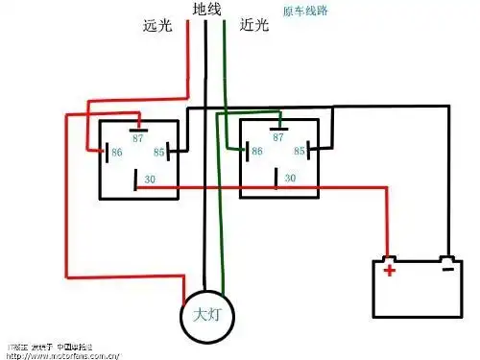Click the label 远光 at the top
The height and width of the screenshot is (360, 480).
pos(157,26)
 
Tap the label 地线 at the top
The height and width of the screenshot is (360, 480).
pos(206,10)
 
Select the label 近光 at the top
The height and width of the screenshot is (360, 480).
pos(254,26)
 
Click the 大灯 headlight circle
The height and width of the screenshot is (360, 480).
pos(209,314)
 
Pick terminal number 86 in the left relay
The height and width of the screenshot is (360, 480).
pos(117,152)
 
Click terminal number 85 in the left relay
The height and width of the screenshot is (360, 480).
pos(162,152)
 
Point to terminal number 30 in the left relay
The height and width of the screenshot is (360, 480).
pos(149,179)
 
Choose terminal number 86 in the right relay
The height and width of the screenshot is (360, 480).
pos(256,152)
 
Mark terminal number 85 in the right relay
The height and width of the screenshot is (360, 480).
pos(300,152)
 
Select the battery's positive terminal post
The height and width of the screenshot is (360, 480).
pos(388,258)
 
